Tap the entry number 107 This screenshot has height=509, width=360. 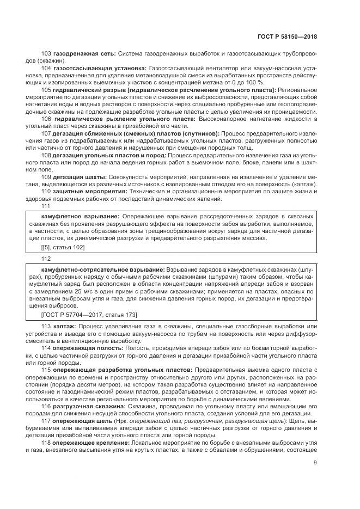46,133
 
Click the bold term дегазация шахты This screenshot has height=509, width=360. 80,177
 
